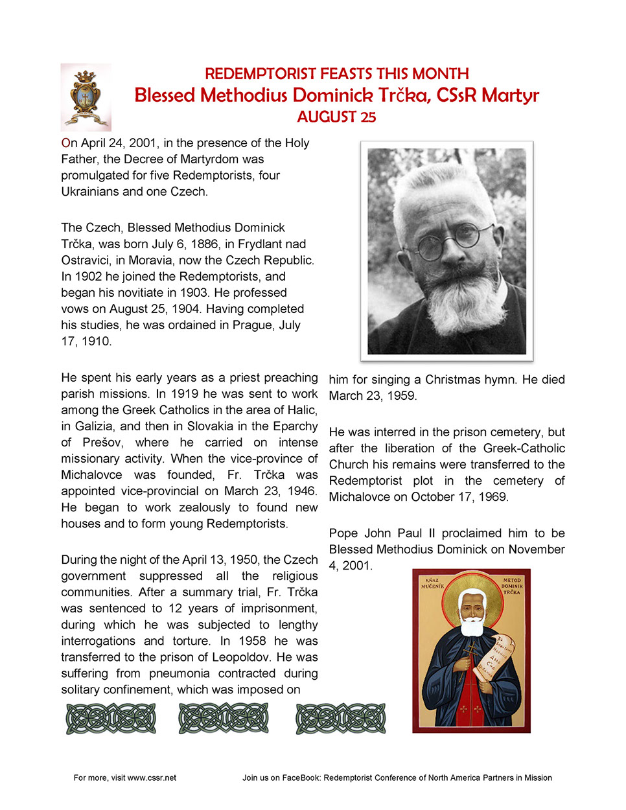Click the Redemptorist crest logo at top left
86,97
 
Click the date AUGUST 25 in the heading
336,117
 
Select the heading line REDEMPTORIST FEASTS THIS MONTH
336,74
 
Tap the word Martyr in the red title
510,96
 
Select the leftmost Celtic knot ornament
111,719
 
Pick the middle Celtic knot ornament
224,719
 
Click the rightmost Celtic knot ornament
341,719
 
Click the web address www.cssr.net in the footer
152,778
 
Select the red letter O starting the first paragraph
65,143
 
